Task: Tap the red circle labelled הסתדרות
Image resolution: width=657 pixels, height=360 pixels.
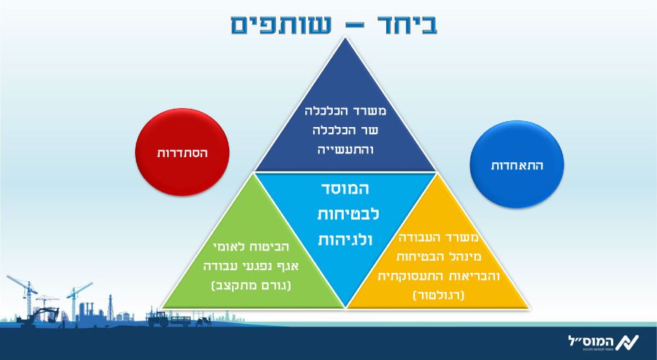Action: click(x=182, y=152)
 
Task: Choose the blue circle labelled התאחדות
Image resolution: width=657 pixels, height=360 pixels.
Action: click(x=517, y=164)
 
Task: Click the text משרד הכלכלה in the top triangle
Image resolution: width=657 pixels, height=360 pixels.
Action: click(x=346, y=112)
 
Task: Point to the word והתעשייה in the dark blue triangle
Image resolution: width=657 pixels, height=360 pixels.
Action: click(x=346, y=150)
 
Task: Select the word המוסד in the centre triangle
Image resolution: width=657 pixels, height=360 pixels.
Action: click(x=346, y=188)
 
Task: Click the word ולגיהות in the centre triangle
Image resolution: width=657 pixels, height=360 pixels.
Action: click(x=346, y=240)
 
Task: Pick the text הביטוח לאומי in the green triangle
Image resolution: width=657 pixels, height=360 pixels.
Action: click(x=251, y=248)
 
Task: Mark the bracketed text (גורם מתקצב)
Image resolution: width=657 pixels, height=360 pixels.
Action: click(x=251, y=286)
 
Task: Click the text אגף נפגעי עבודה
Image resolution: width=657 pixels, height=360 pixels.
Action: click(x=251, y=267)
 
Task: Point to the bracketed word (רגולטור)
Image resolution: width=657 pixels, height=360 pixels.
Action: click(x=438, y=296)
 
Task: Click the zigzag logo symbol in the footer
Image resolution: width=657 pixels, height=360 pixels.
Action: click(x=627, y=342)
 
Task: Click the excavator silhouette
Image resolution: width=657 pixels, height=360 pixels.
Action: click(x=40, y=315)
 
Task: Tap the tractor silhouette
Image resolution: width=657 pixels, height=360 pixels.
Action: click(x=158, y=318)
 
